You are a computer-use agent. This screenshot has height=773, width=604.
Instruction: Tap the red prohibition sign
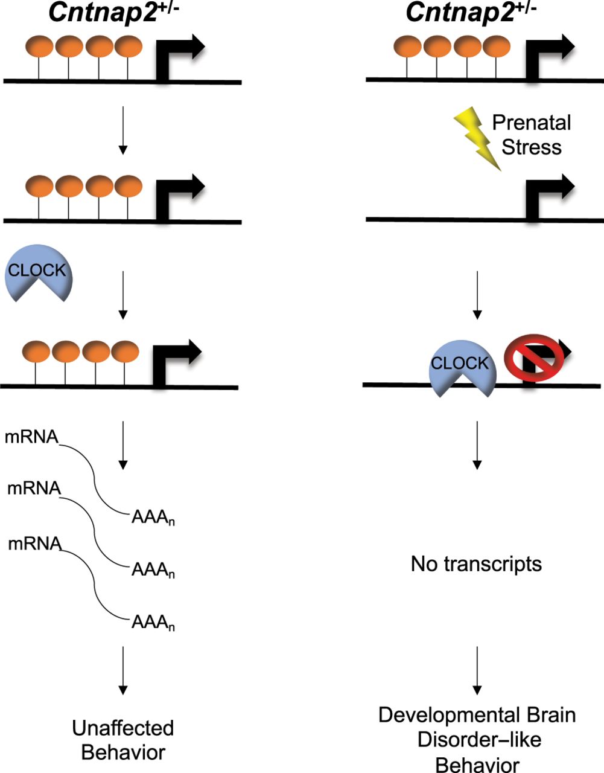[x=534, y=358]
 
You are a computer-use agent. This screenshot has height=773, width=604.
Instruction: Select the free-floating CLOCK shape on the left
[x=38, y=272]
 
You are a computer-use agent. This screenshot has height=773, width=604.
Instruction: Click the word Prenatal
[x=532, y=123]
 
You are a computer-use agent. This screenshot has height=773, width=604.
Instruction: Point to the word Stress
[x=532, y=147]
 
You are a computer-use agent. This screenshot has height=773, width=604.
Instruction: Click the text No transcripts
[x=476, y=563]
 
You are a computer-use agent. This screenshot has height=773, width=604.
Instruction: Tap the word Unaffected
[x=123, y=728]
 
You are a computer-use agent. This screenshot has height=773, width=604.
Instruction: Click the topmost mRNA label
[x=31, y=437]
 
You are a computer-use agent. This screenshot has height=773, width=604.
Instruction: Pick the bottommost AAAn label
[x=153, y=623]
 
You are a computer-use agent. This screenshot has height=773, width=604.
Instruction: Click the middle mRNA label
[x=34, y=488]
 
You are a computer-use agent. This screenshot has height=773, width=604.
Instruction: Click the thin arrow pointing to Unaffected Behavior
[x=123, y=670]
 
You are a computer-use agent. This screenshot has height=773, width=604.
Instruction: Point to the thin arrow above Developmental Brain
[x=477, y=670]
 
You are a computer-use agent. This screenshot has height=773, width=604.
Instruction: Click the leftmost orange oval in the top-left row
[x=39, y=47]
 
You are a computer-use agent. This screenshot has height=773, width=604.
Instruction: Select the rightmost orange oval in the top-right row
[x=497, y=47]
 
